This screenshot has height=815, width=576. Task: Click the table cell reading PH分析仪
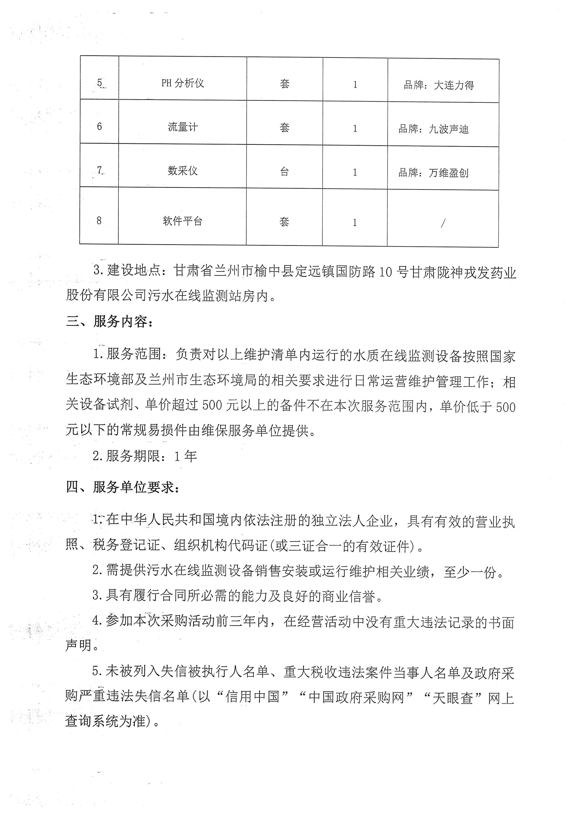[x=183, y=83]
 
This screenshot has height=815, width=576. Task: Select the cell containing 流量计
[x=183, y=127]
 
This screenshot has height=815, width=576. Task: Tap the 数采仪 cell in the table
[x=183, y=171]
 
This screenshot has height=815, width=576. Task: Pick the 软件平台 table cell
[x=183, y=221]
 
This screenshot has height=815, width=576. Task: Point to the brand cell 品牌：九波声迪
[x=433, y=129]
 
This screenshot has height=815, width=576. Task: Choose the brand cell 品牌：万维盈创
[x=433, y=173]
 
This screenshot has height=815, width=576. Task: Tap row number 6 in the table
[x=99, y=126]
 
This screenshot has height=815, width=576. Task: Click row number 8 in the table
[x=99, y=221]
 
